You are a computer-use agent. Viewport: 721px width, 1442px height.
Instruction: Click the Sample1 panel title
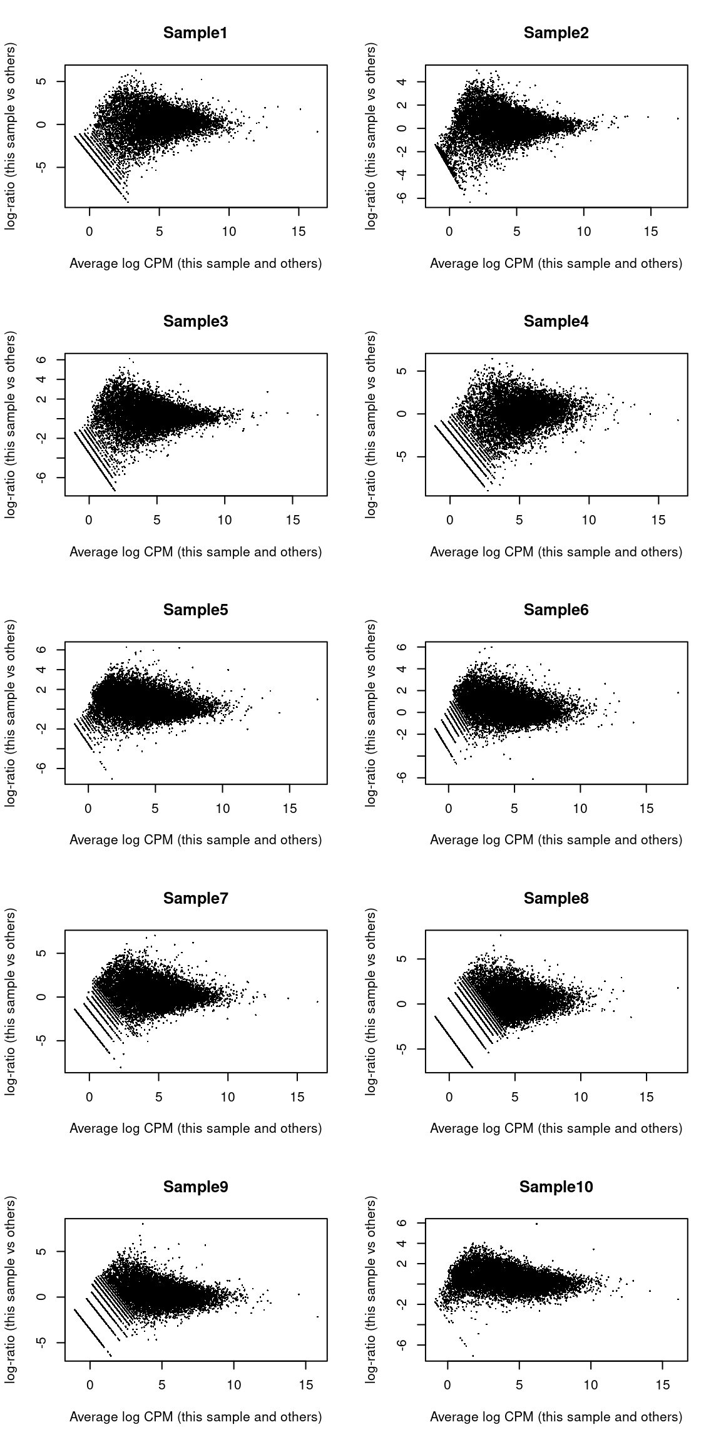point(195,33)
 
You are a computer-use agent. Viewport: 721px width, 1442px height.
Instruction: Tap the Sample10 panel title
point(556,1187)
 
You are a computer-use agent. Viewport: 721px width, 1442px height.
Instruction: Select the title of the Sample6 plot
point(556,610)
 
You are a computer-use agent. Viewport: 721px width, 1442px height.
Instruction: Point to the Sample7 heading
point(195,899)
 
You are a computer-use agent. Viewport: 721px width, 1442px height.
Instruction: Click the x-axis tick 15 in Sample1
point(299,232)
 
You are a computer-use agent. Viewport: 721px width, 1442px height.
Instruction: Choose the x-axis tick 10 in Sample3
point(224,520)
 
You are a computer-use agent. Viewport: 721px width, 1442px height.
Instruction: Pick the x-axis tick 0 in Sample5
point(88,809)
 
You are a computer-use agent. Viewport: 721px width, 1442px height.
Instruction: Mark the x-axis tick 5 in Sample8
point(515,1097)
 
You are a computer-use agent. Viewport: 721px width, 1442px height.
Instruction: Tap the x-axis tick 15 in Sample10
point(663,1386)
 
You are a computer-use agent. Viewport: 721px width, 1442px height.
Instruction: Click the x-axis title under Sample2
point(556,263)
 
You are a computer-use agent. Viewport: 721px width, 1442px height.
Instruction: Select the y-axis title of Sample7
point(11,1001)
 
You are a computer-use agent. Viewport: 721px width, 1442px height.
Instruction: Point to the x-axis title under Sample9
point(195,1418)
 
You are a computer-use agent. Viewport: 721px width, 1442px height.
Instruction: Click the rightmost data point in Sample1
point(318,131)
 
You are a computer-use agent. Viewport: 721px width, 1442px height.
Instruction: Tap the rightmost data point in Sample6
point(678,692)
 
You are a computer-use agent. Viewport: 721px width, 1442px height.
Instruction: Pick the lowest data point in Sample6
point(533,779)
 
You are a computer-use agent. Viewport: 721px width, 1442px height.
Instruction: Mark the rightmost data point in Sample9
point(318,1317)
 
